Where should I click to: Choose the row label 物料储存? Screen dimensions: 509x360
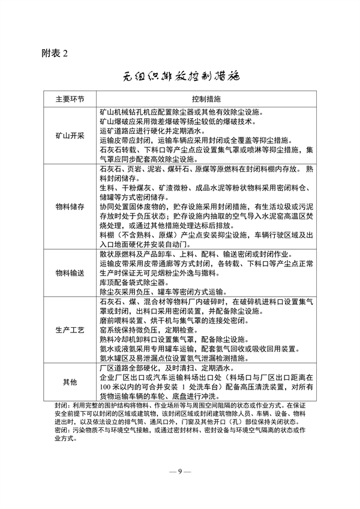point(70,208)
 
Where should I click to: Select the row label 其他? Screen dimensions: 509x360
point(70,382)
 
